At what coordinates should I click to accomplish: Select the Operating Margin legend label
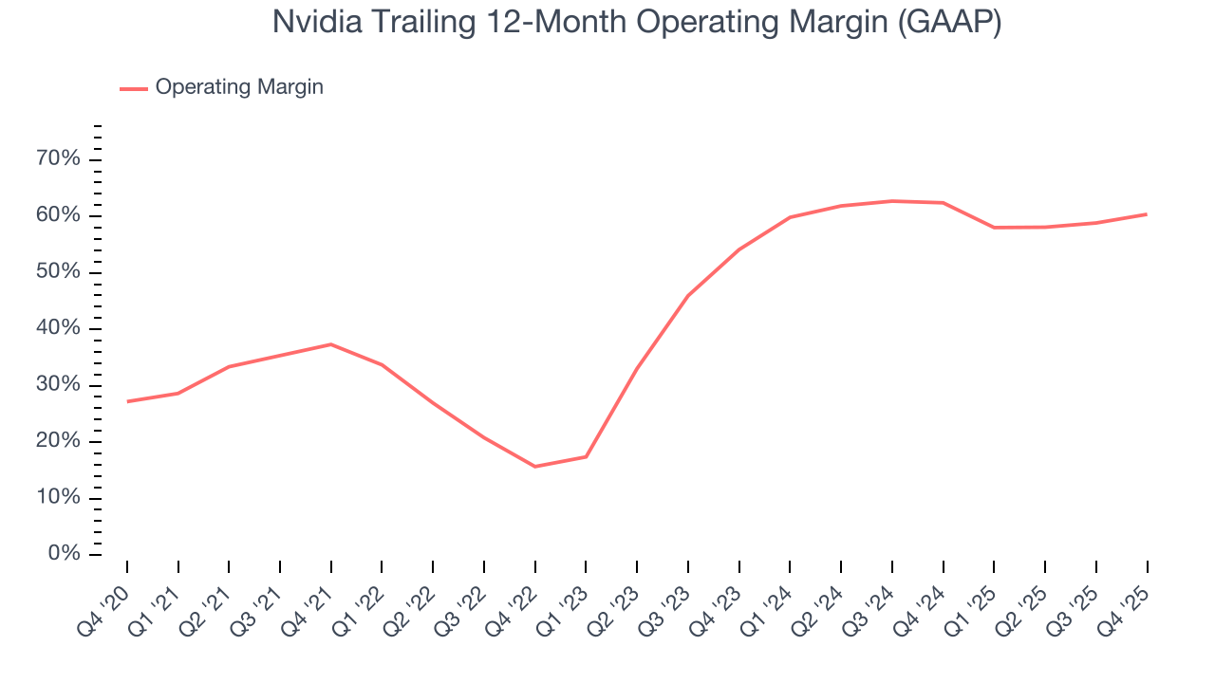pos(239,87)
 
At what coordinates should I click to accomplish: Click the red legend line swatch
pos(133,88)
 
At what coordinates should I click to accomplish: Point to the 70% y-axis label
pos(58,158)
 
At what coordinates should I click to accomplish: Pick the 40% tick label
pos(58,328)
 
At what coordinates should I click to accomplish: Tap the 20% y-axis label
pos(58,441)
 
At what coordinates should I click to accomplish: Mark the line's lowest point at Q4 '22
pos(535,467)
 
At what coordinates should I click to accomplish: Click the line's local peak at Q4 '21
pos(331,344)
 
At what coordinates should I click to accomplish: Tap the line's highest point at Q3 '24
pos(892,201)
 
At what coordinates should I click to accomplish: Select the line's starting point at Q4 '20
pos(127,401)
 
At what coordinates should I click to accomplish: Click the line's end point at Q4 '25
pos(1147,214)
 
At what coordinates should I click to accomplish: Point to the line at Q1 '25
pos(994,228)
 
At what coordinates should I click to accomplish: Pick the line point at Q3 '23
pos(688,295)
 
